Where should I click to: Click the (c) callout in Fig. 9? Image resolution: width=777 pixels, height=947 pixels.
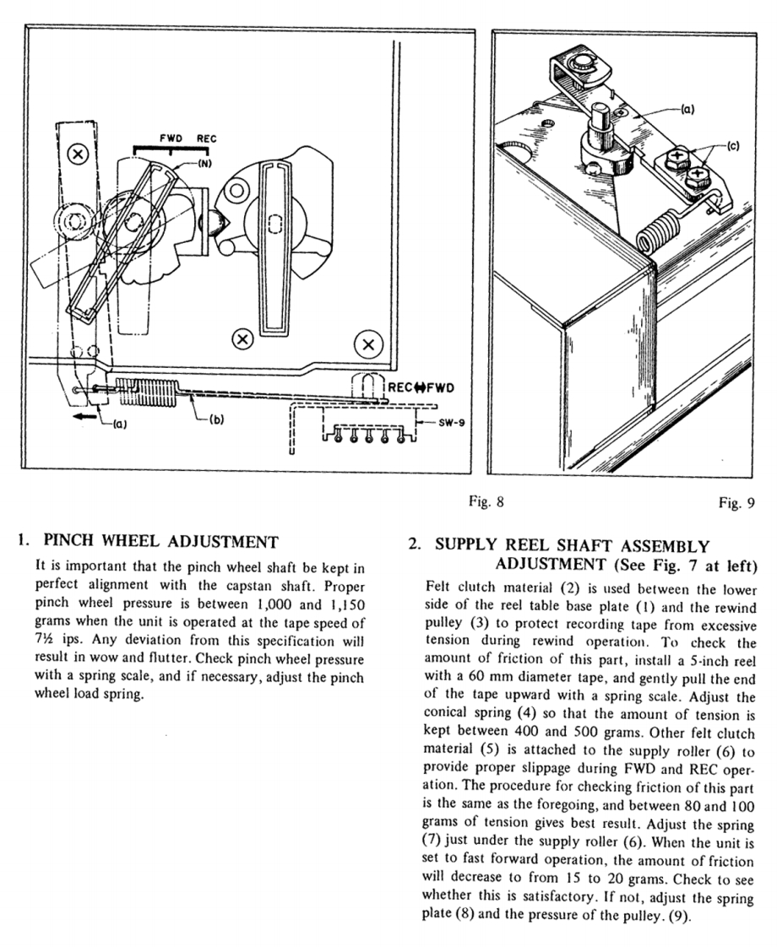tap(731, 144)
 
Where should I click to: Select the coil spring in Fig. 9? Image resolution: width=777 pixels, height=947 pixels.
tap(657, 231)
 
